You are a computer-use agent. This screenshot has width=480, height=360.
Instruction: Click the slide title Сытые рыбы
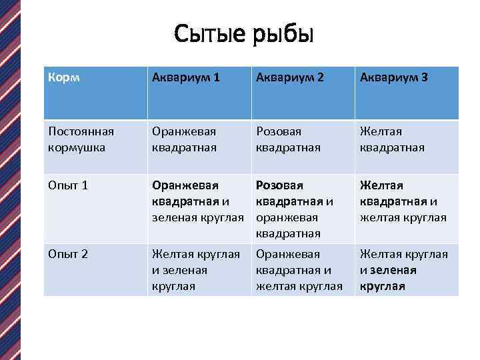click(243, 33)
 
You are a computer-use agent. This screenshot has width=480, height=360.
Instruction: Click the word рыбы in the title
click(283, 33)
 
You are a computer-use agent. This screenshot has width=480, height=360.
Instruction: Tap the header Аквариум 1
click(185, 78)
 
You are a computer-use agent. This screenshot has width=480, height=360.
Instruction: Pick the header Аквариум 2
click(290, 78)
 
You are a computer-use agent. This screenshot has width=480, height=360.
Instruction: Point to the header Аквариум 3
click(394, 78)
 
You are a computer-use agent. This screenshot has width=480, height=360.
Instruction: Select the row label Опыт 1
click(69, 185)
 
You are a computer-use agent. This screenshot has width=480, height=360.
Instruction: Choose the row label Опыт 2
click(69, 254)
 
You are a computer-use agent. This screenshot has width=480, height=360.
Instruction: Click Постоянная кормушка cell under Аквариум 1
click(185, 139)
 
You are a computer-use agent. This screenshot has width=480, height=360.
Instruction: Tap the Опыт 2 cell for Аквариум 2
click(299, 270)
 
